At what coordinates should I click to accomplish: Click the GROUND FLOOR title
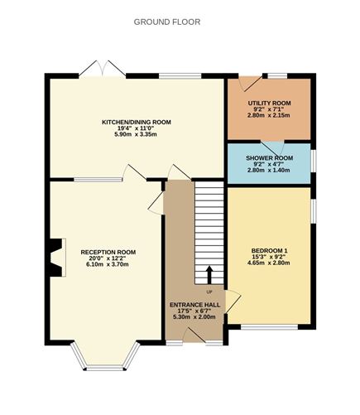[x=166, y=21]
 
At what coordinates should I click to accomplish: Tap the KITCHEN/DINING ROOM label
[x=137, y=122]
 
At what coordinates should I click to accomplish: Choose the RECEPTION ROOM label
[x=108, y=252]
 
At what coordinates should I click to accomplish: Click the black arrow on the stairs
[x=209, y=274]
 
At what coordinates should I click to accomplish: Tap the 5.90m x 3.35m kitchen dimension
[x=137, y=135]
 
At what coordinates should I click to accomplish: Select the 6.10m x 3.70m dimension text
[x=108, y=265]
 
